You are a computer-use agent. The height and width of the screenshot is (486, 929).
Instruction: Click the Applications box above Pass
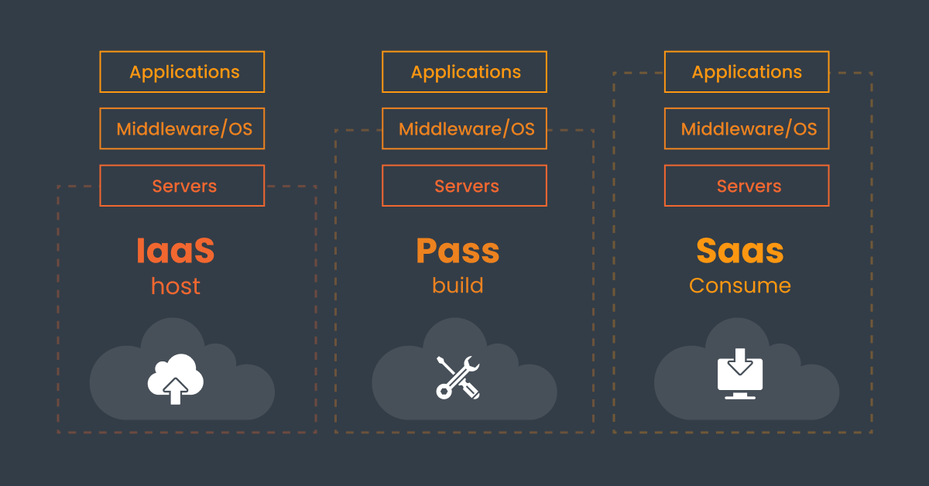click(x=464, y=72)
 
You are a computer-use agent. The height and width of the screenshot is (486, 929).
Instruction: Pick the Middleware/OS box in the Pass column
click(x=464, y=128)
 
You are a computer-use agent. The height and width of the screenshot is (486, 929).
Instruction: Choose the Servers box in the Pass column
click(x=464, y=186)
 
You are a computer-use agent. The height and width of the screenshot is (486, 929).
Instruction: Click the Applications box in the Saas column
click(x=747, y=72)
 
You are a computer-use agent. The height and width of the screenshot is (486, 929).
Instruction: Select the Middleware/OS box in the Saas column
click(x=747, y=128)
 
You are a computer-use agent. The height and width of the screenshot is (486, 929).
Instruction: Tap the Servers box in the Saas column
click(x=747, y=186)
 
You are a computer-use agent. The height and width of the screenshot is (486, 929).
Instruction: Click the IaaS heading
click(x=176, y=251)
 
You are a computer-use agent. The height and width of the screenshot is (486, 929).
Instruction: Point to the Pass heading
click(x=458, y=251)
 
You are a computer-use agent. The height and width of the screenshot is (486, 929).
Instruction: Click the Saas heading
click(x=740, y=251)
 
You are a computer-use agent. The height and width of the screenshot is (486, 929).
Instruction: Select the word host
click(x=176, y=286)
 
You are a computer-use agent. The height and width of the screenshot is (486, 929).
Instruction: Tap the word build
click(x=458, y=285)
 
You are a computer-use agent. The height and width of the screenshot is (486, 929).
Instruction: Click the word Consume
click(x=740, y=285)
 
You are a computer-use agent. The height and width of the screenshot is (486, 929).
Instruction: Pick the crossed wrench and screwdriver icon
click(x=458, y=378)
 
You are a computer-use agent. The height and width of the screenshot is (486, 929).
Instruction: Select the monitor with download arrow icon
click(x=740, y=375)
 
